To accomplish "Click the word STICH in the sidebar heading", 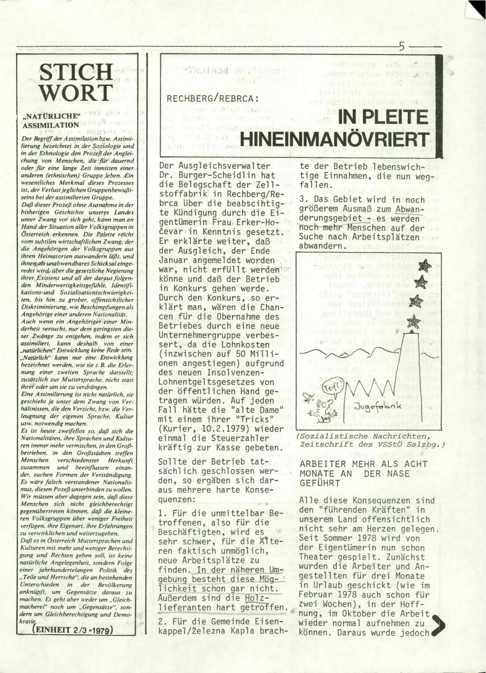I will click(x=76, y=73).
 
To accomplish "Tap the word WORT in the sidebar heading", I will click(x=76, y=92).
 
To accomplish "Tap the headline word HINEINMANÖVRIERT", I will click(x=335, y=138).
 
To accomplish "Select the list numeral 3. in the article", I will click(x=304, y=199).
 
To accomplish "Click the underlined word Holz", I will click(x=255, y=598).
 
